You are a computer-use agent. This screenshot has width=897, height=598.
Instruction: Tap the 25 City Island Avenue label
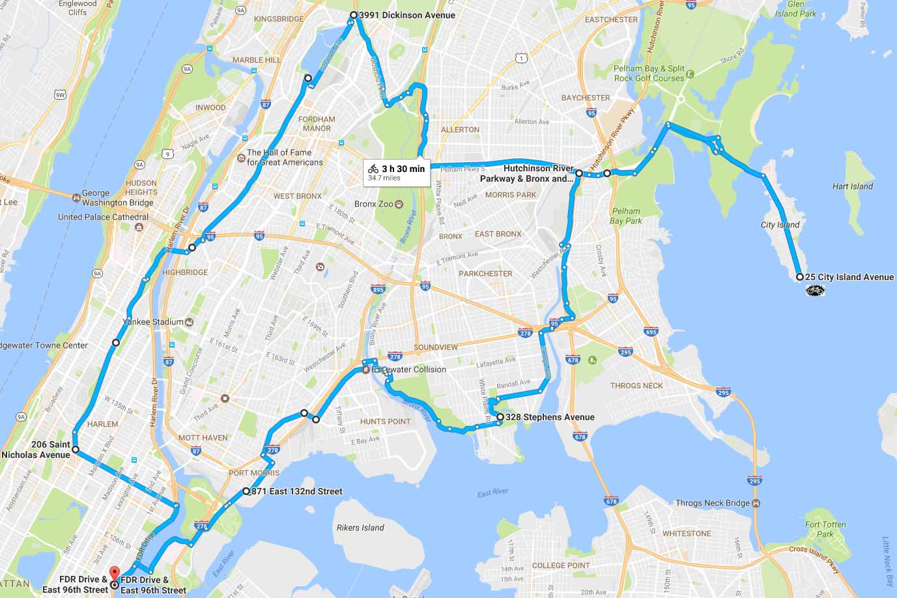849,277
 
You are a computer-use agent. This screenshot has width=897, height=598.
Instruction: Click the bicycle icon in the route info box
373,169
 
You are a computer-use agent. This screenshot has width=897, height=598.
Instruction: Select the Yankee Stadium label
153,322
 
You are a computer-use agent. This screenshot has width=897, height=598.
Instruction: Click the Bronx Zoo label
374,204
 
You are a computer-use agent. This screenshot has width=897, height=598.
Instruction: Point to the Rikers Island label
360,528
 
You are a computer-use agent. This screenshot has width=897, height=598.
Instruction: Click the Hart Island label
852,186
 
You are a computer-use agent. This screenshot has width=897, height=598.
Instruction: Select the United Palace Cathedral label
103,217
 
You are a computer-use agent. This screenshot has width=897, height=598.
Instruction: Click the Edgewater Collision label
408,369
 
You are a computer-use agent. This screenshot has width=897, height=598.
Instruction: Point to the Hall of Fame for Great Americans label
285,157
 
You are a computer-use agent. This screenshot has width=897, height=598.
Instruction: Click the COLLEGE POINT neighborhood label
561,565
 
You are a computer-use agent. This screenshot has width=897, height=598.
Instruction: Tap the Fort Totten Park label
825,529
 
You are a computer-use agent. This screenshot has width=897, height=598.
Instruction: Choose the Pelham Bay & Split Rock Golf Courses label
649,73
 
